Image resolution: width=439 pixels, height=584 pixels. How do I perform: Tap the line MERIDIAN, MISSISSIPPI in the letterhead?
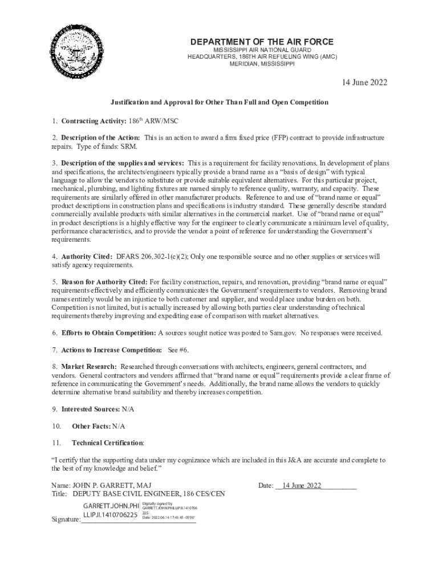[262, 63]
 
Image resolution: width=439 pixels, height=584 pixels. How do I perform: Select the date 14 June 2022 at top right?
[364, 83]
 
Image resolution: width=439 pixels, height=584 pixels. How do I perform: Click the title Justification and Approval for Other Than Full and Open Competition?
[219, 102]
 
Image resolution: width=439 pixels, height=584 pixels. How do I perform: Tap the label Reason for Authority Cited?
[104, 282]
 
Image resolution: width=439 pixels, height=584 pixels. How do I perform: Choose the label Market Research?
[89, 366]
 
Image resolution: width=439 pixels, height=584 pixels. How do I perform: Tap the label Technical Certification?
[107, 443]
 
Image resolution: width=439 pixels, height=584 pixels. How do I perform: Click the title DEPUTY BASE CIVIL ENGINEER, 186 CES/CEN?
[148, 494]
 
